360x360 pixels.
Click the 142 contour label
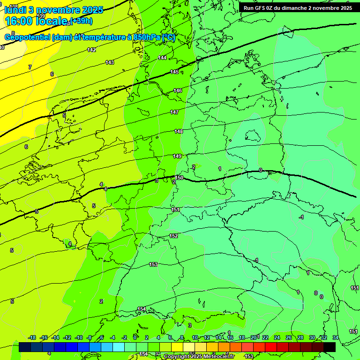pos(91,50)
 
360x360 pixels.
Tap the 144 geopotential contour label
pos(162,58)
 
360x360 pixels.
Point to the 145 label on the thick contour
pos(174,72)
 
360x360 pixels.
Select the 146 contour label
pos(178,90)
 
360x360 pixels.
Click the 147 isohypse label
pos(174,112)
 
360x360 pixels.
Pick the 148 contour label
pos(179,132)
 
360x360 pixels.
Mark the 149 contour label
pos(177,156)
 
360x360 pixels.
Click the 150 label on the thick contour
pos(179,178)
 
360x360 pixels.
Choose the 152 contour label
pos(173,236)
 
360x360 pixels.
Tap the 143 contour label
pos(110,62)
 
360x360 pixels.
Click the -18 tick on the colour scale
pos(32,337)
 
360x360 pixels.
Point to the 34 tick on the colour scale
pos(335,337)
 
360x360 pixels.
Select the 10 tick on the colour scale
pos(195,337)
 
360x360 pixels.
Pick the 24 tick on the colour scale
pos(277,337)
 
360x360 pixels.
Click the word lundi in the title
pos(15,9)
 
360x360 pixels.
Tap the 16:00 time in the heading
pos(21,21)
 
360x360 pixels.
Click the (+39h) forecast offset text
pos(81,21)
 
